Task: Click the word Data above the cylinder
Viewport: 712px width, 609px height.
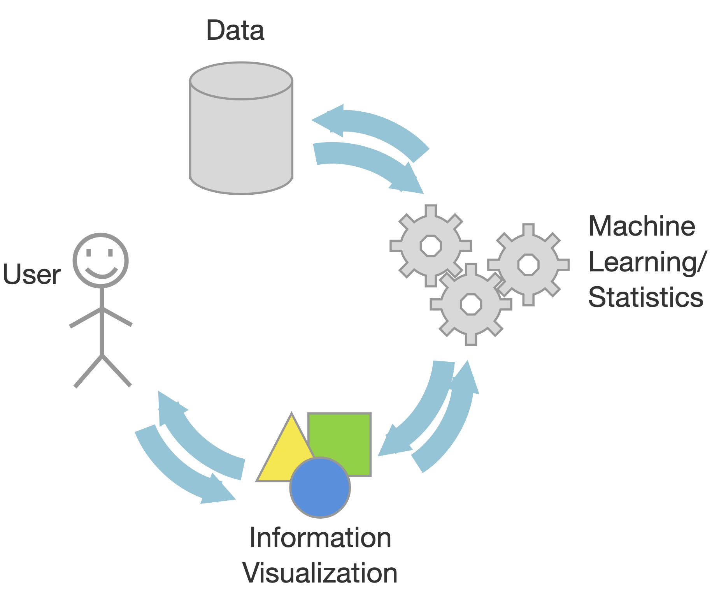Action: [x=235, y=30]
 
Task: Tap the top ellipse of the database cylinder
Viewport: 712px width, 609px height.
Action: [x=241, y=81]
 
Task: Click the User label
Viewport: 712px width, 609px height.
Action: [x=32, y=274]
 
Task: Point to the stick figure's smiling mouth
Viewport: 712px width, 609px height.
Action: [x=102, y=273]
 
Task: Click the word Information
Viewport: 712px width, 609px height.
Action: [x=320, y=538]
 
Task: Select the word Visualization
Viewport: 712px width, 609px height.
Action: [x=320, y=573]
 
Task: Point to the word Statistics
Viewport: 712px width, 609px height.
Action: [x=645, y=297]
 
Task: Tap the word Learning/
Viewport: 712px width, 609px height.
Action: [x=647, y=262]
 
